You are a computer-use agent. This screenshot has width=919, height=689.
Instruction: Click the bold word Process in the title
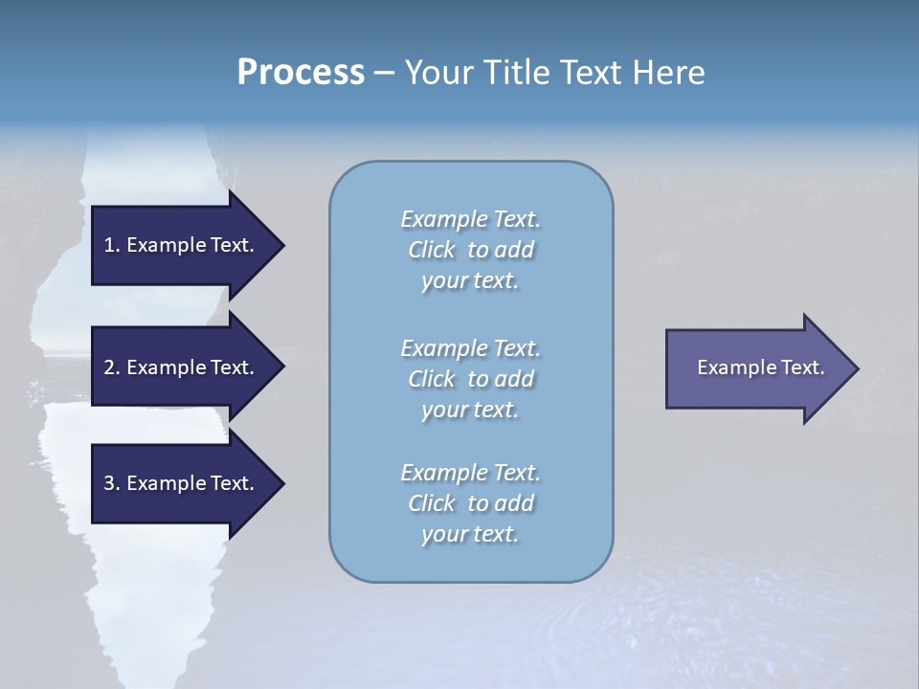[301, 73]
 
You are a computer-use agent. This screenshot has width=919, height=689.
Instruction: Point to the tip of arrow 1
[282, 245]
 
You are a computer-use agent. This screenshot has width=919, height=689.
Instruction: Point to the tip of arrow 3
[282, 483]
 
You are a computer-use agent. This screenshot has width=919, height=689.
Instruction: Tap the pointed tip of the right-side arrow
[857, 368]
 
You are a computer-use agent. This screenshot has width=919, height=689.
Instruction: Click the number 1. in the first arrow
[112, 245]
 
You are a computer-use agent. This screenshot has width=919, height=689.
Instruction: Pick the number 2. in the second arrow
[112, 367]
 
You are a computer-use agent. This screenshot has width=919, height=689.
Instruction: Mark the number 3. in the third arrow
[112, 483]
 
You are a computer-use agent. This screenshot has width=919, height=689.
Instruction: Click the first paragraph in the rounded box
[470, 250]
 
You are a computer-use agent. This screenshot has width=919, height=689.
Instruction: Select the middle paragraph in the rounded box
[470, 378]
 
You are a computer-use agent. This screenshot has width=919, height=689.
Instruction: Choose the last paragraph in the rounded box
[470, 503]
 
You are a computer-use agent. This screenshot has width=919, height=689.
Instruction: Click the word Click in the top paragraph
[432, 250]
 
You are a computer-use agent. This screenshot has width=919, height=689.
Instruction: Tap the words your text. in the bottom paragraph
[470, 534]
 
